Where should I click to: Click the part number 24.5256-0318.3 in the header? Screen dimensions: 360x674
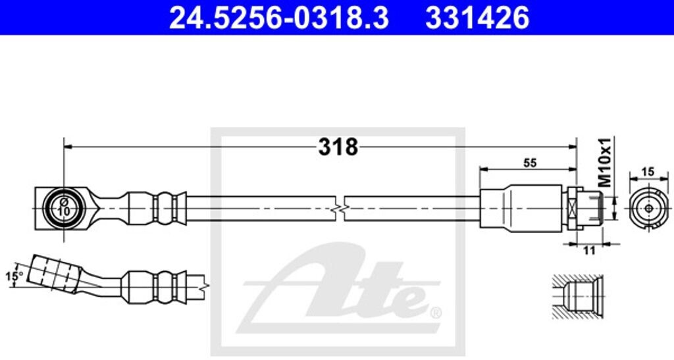(x=278, y=18)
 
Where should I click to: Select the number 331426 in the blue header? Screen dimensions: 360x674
(x=477, y=18)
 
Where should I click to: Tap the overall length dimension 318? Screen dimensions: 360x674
(x=338, y=147)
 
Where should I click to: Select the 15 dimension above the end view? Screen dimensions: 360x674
(x=648, y=172)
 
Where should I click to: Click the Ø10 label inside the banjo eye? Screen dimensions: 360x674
(x=64, y=207)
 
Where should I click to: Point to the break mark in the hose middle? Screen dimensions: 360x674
(x=338, y=208)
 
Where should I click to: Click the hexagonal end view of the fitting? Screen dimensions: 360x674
(x=648, y=209)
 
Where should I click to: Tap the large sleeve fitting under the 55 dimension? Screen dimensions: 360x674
(x=520, y=208)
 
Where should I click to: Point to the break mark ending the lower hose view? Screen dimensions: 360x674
(x=207, y=286)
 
